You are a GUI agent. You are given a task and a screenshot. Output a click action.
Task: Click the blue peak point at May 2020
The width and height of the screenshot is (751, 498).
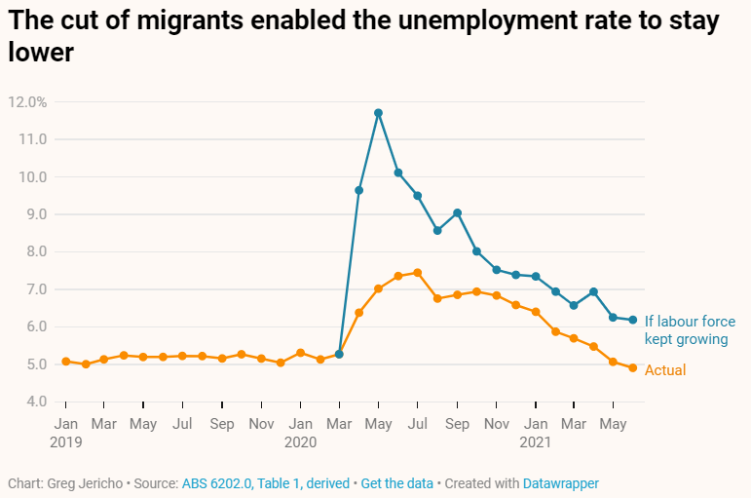(378, 113)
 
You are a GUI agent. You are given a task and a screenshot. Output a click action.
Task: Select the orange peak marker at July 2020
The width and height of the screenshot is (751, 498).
(417, 273)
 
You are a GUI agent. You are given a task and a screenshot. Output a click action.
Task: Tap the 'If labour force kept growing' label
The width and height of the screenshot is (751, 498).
(690, 330)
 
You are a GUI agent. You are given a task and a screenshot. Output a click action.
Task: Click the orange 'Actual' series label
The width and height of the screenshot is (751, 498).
(665, 370)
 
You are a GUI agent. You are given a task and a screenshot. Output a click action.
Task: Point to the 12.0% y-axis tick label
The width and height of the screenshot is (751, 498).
(27, 102)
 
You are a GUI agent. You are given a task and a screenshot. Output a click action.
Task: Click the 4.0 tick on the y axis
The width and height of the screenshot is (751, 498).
(35, 402)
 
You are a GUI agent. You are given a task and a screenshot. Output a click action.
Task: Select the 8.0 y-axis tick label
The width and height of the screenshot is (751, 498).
(35, 251)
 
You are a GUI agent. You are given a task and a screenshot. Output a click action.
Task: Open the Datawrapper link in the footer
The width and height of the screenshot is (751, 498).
(560, 483)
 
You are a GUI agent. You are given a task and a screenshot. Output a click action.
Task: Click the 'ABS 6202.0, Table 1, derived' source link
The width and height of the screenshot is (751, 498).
(265, 483)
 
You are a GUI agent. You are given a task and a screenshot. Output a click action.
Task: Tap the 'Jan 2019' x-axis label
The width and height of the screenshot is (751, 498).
(65, 432)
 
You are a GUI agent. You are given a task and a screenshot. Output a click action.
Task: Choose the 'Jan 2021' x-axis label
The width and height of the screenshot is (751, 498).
(535, 432)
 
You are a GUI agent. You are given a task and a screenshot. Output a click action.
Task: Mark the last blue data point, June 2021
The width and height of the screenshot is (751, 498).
(632, 320)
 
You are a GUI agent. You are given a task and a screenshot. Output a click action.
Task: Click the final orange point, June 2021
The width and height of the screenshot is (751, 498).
(632, 368)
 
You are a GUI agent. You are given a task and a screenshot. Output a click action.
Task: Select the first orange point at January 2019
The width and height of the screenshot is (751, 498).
(65, 362)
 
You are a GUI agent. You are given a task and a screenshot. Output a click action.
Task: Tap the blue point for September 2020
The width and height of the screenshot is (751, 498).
(457, 212)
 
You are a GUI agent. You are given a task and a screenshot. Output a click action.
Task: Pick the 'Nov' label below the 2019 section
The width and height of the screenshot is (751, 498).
(261, 424)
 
